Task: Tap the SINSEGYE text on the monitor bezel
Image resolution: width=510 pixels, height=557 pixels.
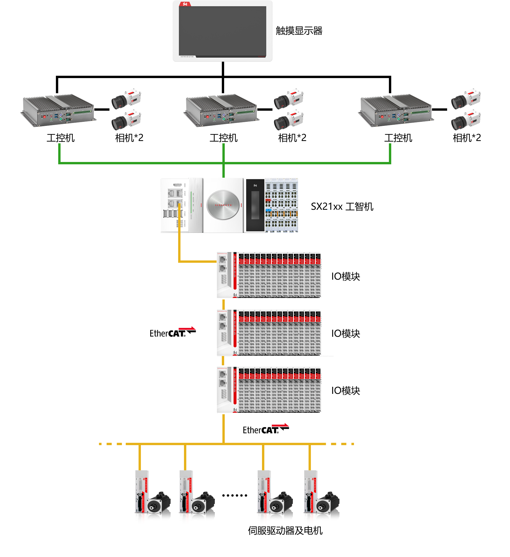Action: click(187, 57)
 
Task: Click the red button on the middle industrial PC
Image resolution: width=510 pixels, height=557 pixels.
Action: click(207, 117)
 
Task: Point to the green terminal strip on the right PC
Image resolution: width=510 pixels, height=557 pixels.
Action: click(420, 112)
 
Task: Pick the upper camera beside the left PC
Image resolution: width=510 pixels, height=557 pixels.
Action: click(126, 98)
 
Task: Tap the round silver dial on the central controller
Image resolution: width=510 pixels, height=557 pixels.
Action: click(223, 205)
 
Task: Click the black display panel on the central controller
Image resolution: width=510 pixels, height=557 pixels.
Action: click(255, 205)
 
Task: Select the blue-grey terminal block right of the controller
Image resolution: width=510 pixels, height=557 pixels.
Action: click(281, 205)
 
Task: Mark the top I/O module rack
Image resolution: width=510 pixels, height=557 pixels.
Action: click(269, 275)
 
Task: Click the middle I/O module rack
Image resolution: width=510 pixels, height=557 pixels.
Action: click(269, 333)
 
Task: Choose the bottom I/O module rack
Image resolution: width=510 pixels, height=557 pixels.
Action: click(269, 390)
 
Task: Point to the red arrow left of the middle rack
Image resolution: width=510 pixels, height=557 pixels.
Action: click(187, 328)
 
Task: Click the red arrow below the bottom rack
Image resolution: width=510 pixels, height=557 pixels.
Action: click(280, 425)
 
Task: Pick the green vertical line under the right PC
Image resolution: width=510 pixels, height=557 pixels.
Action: click(390, 153)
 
